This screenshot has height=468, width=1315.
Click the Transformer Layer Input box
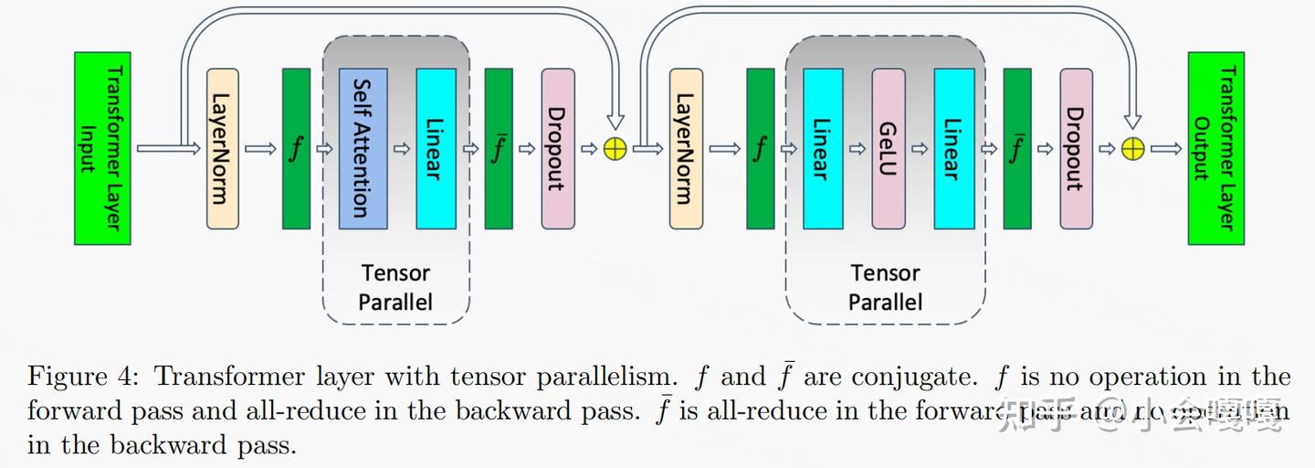point(102,148)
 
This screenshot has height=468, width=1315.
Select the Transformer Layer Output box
point(1215,148)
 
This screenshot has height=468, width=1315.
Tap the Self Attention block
point(363,148)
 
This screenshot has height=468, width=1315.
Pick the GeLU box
point(888,148)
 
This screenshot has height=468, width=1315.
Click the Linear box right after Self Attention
point(436,148)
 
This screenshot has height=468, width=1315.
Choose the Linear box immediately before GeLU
point(823,148)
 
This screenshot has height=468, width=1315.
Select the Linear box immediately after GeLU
point(953,148)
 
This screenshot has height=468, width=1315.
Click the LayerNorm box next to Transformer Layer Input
point(223,148)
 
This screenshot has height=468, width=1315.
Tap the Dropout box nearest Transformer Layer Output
point(1076,148)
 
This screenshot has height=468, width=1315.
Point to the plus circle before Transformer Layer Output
point(1132,149)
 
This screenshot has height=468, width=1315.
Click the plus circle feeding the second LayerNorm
point(615,149)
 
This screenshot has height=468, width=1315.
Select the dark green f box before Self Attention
point(296,148)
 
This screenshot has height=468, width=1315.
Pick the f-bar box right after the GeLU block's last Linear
point(1016,148)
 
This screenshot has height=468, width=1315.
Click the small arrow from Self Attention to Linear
point(401,149)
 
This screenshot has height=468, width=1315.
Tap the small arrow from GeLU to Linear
point(920,149)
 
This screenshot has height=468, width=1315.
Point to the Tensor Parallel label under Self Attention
point(395,287)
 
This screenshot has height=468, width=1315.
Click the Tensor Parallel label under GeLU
point(885,287)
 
